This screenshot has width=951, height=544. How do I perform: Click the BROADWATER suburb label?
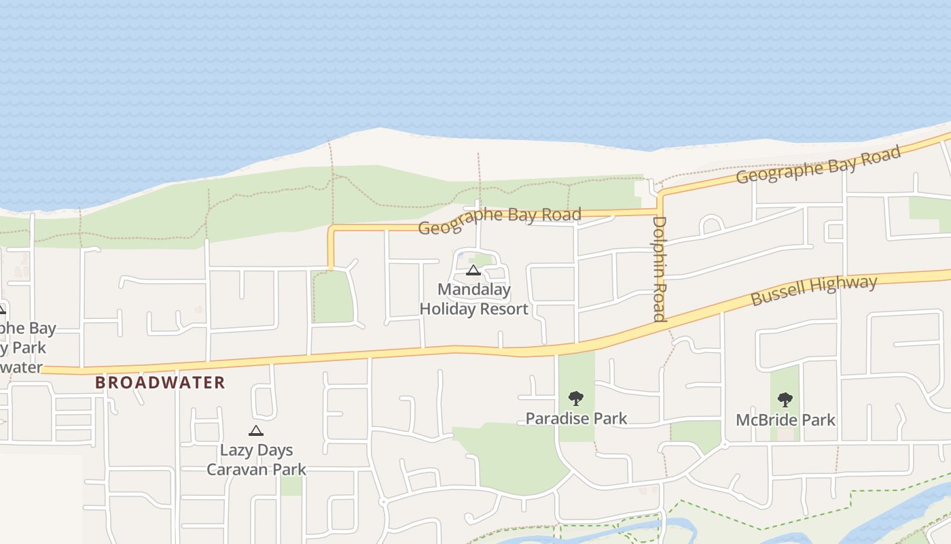160,382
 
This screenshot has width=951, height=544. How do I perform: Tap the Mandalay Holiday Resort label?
473,299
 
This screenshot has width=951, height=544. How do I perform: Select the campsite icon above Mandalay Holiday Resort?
473,271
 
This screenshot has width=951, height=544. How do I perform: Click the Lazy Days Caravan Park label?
256,460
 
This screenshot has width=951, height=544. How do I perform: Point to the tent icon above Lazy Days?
255,430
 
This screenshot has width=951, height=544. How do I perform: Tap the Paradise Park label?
576,418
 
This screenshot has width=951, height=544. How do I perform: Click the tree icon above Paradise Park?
576,398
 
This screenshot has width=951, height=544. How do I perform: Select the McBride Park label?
785,420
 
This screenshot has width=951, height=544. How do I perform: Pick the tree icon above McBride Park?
785,399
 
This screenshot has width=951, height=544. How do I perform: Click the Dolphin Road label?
659,268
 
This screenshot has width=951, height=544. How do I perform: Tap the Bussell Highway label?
814,290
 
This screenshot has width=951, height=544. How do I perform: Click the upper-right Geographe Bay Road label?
819,165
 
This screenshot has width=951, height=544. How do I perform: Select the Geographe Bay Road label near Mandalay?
499,221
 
